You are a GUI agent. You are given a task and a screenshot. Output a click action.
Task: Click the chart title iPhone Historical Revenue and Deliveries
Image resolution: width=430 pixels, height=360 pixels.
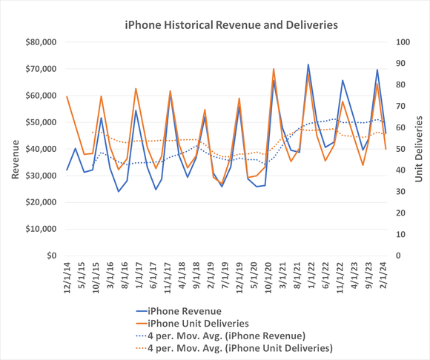pyautogui.click(x=231, y=24)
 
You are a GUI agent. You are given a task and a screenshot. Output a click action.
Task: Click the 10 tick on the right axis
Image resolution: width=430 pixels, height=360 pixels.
pyautogui.click(x=396, y=235)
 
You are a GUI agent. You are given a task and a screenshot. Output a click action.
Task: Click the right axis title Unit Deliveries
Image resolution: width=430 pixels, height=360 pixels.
pyautogui.click(x=418, y=148)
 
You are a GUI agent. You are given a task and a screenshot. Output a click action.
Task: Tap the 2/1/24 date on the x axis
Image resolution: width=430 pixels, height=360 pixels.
pyautogui.click(x=386, y=278)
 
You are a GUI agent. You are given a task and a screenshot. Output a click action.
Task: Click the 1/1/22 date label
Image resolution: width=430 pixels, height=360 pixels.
pyautogui.click(x=308, y=278)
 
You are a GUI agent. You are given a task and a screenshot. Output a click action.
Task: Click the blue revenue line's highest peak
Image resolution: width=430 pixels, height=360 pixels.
pyautogui.click(x=308, y=64)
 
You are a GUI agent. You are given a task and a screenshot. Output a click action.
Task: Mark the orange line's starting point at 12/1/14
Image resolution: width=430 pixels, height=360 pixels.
pyautogui.click(x=67, y=96)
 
